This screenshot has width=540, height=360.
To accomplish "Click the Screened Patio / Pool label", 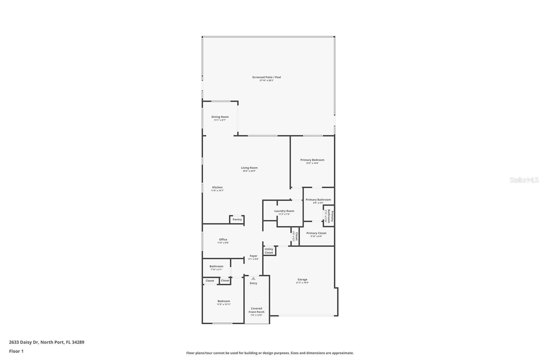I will [266, 77].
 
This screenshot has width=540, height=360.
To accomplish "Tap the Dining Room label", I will [220, 117].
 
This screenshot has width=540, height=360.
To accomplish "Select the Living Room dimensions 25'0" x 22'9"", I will [249, 171].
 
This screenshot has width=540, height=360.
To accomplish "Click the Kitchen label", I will [217, 187].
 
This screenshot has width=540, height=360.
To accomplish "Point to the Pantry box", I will [237, 220].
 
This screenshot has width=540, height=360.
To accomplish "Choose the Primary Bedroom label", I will [312, 160].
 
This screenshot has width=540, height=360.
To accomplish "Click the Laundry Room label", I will [284, 211].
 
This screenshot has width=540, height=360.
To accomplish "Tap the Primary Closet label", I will [316, 233].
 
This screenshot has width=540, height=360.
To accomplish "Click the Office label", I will [223, 239].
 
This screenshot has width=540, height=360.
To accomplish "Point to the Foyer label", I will [253, 256].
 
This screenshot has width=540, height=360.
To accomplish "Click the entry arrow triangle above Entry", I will [253, 278].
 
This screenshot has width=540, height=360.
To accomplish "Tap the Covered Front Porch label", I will [256, 310].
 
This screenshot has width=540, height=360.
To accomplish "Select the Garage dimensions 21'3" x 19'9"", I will [302, 283].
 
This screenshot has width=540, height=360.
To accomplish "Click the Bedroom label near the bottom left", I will [223, 301].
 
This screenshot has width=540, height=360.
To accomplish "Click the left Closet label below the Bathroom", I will [210, 281].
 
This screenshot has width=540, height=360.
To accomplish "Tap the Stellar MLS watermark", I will [524, 180].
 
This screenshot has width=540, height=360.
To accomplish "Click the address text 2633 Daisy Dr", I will [24, 342].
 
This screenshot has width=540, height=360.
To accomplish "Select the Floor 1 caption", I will [16, 351].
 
